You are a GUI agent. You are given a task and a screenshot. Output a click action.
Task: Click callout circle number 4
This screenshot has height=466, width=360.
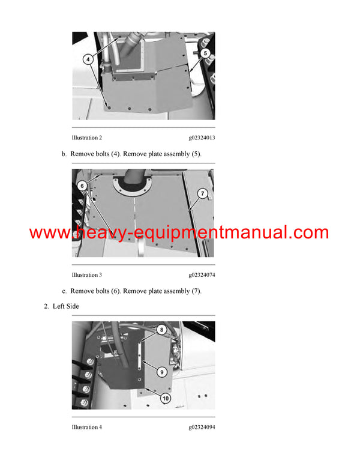click(x=88, y=59)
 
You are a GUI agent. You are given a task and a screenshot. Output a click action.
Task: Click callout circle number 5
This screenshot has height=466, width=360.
click(x=205, y=53)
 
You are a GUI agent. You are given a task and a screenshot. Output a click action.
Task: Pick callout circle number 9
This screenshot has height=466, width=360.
click(x=162, y=372)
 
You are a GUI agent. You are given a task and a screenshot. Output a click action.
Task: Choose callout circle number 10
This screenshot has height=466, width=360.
click(x=165, y=398)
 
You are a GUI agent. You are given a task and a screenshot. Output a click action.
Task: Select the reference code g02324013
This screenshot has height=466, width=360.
click(x=202, y=138)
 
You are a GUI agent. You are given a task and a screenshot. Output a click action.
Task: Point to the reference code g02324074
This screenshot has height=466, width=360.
click(x=202, y=275)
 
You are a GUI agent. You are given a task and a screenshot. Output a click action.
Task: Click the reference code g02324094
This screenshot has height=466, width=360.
click(x=202, y=428)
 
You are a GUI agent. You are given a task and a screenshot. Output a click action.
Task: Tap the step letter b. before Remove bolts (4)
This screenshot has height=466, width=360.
click(x=64, y=154)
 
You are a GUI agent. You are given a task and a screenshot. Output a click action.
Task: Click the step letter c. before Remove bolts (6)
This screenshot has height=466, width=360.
click(x=64, y=291)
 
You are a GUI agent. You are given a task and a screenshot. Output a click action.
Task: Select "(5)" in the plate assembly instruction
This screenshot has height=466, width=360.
click(x=195, y=154)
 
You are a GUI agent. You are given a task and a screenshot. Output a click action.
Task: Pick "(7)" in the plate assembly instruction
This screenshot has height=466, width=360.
click(x=195, y=291)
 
